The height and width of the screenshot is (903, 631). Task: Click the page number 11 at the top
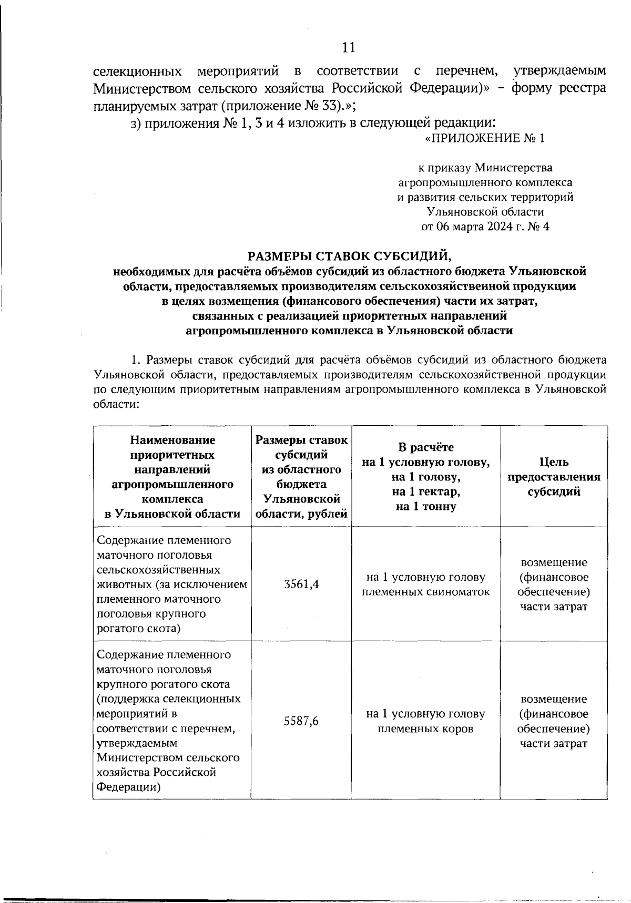pos(349,48)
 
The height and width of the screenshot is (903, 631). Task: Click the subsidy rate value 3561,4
pos(301,584)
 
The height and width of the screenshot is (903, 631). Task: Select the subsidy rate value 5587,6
pos(301,721)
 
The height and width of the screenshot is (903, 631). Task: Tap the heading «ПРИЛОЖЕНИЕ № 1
pos(484,138)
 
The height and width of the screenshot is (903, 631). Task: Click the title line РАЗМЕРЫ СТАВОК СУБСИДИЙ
pos(350,256)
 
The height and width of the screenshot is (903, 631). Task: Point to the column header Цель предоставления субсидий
pos(554,477)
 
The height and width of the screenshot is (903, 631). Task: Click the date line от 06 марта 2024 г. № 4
pos(485,227)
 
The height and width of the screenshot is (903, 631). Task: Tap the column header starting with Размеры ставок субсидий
pos(301,477)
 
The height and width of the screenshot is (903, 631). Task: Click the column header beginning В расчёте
pos(426,477)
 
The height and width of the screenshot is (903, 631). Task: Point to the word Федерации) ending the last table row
pos(129,787)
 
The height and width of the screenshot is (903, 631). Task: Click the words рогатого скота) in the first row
pos(139,629)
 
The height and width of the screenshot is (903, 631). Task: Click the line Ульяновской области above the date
pos(485,212)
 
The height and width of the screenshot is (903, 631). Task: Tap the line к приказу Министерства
pos(485,168)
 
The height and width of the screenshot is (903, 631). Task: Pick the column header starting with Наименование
pos(172,477)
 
